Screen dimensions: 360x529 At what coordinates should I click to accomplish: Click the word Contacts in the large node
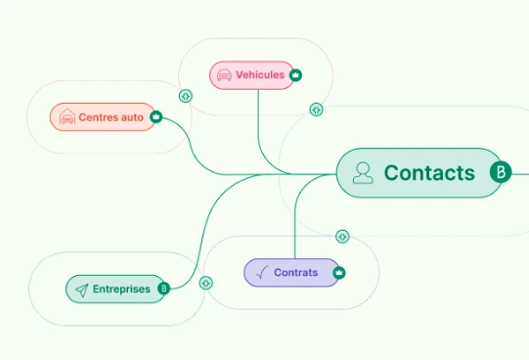click(x=429, y=173)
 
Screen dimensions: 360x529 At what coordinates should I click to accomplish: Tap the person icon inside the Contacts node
click(x=363, y=173)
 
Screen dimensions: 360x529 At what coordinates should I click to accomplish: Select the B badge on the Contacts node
click(x=501, y=173)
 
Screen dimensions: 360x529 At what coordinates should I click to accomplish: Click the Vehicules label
click(x=260, y=74)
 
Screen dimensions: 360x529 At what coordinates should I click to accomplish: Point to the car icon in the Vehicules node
click(x=224, y=74)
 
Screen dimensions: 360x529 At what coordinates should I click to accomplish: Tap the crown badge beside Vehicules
click(x=295, y=74)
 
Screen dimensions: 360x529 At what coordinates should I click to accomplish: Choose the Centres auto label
click(x=110, y=117)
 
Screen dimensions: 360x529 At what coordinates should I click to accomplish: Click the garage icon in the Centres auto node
click(x=66, y=117)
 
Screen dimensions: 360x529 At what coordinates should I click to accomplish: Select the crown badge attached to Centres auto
click(x=155, y=117)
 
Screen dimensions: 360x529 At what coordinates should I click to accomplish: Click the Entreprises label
click(x=121, y=289)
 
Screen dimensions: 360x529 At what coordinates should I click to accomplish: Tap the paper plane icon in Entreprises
click(x=81, y=290)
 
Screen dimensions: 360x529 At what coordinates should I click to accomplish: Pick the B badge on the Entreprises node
click(x=163, y=289)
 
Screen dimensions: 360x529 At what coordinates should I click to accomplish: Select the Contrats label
click(x=295, y=272)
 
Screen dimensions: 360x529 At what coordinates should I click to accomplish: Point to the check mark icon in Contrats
click(x=260, y=273)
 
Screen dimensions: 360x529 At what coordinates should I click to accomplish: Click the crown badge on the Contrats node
click(x=339, y=273)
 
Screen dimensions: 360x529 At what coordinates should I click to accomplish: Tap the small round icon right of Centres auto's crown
click(x=185, y=96)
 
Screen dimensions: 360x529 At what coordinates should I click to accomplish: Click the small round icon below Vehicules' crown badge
click(x=316, y=110)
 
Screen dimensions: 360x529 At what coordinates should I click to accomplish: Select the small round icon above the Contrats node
click(x=342, y=236)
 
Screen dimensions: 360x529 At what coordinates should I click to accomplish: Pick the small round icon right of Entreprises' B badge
click(x=205, y=283)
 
